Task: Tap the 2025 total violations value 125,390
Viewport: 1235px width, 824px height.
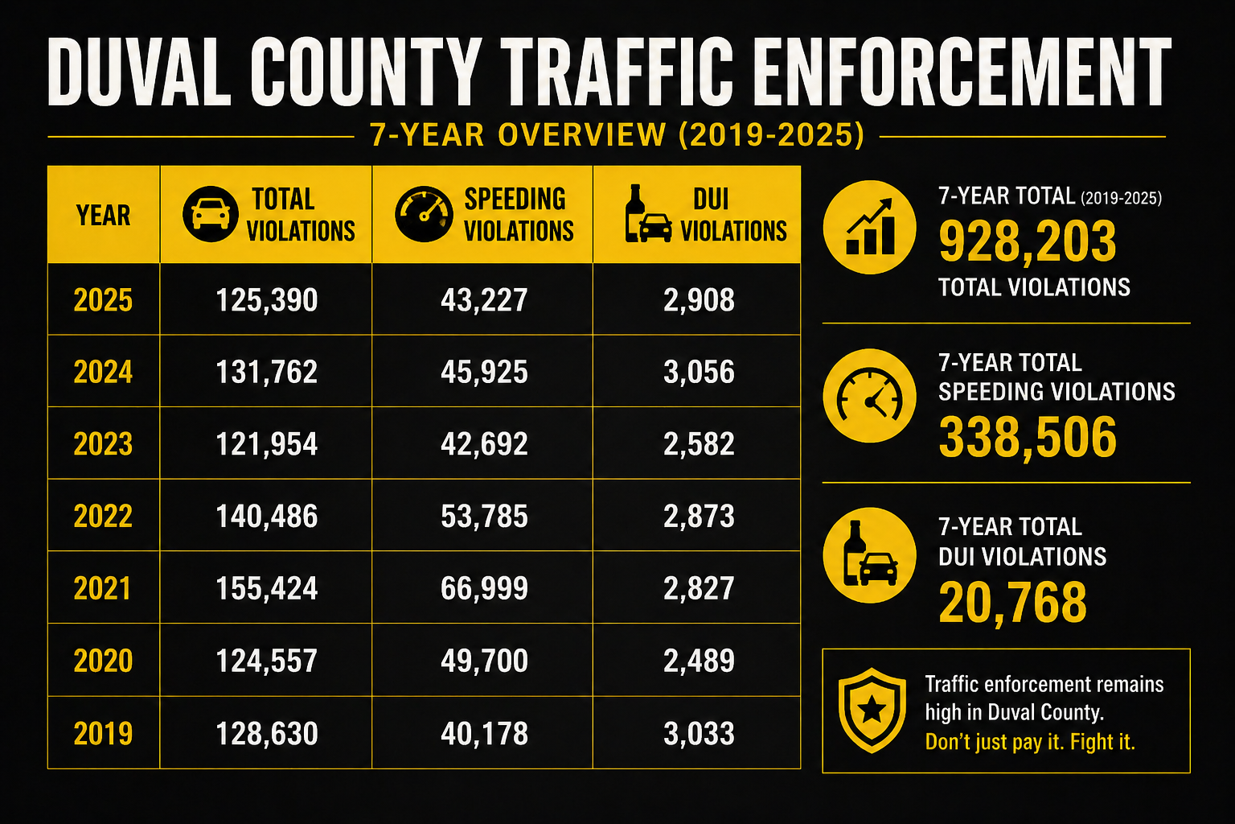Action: coord(267,300)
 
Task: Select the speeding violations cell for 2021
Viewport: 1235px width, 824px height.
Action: coord(484,587)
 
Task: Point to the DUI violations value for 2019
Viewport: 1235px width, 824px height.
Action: coord(699,734)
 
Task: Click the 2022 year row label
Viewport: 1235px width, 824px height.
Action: coord(103,516)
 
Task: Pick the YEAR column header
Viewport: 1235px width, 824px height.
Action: coord(103,215)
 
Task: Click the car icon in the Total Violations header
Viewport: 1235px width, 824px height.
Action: coord(210,214)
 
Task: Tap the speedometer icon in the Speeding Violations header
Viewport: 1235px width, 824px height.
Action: coord(424,214)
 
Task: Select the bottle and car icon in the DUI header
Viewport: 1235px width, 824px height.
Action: coord(648,213)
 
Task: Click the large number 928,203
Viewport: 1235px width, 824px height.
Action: coord(1027,241)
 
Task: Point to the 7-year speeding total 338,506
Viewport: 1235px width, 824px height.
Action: coord(1027,437)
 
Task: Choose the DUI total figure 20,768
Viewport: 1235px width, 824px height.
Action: coord(1012,603)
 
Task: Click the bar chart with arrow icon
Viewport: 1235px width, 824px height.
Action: coord(870,228)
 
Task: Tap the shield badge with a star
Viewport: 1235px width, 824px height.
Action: coord(872,711)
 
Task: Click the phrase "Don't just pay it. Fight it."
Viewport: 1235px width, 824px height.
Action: coord(1030,742)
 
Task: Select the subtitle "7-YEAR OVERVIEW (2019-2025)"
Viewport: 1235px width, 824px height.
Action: coord(617,134)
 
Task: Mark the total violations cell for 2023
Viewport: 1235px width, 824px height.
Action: coord(266,443)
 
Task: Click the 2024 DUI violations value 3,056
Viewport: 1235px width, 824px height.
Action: coord(699,372)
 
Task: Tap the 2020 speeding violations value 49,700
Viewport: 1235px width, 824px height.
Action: coord(484,661)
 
